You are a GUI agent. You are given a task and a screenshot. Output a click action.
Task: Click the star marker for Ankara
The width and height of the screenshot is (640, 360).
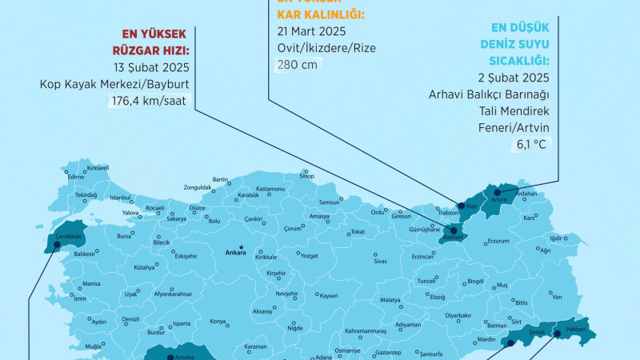[x=241, y=247]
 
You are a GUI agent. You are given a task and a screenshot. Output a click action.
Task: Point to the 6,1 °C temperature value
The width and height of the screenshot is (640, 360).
[x=523, y=145]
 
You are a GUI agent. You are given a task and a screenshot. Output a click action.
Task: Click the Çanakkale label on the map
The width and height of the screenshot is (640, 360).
[x=70, y=235]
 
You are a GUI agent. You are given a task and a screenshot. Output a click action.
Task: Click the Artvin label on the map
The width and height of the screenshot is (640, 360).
[x=499, y=199]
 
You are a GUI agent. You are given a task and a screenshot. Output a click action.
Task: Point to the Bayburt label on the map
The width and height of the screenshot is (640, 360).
[x=454, y=238]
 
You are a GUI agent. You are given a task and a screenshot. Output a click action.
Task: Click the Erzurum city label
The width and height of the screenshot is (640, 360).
[x=498, y=241]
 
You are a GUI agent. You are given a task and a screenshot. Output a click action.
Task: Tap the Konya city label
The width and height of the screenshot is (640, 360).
[x=218, y=322]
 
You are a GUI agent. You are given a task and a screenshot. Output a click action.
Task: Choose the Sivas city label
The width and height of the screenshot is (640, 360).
[x=380, y=262]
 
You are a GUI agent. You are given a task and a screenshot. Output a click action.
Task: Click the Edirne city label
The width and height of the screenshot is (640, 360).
[x=76, y=177]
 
